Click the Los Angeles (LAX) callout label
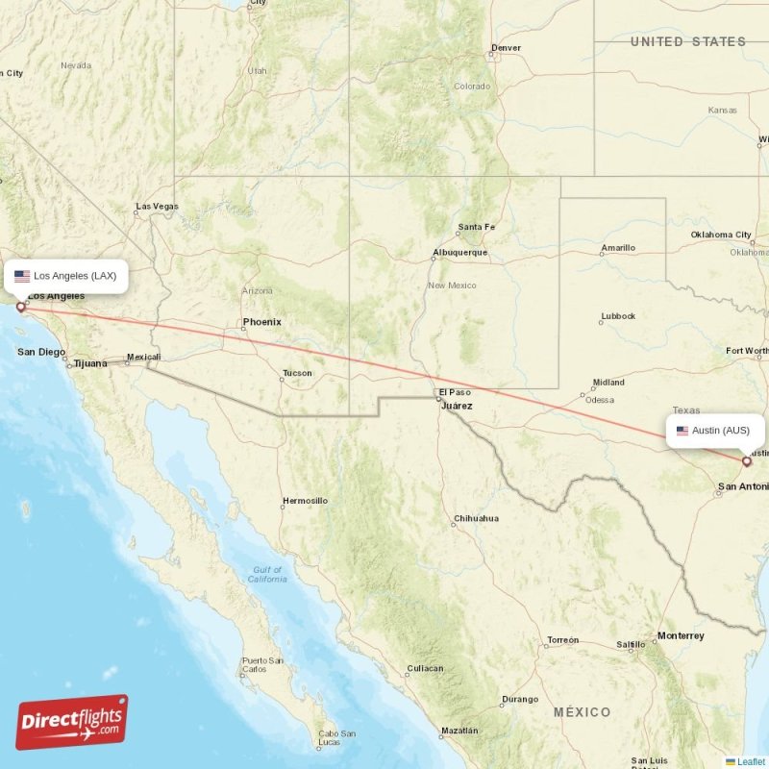(65, 276)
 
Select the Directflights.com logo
(72, 722)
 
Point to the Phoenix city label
(262, 322)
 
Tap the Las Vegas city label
(158, 206)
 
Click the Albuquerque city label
(460, 253)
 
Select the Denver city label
(506, 48)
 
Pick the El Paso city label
(455, 392)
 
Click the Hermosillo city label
(305, 501)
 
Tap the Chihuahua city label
(477, 518)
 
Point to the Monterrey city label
(681, 635)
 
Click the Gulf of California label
(266, 574)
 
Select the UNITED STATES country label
(688, 41)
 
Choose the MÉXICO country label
(582, 712)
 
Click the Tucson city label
(297, 373)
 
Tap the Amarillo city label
(618, 248)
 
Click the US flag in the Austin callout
(682, 431)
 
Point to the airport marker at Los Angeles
(21, 308)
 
